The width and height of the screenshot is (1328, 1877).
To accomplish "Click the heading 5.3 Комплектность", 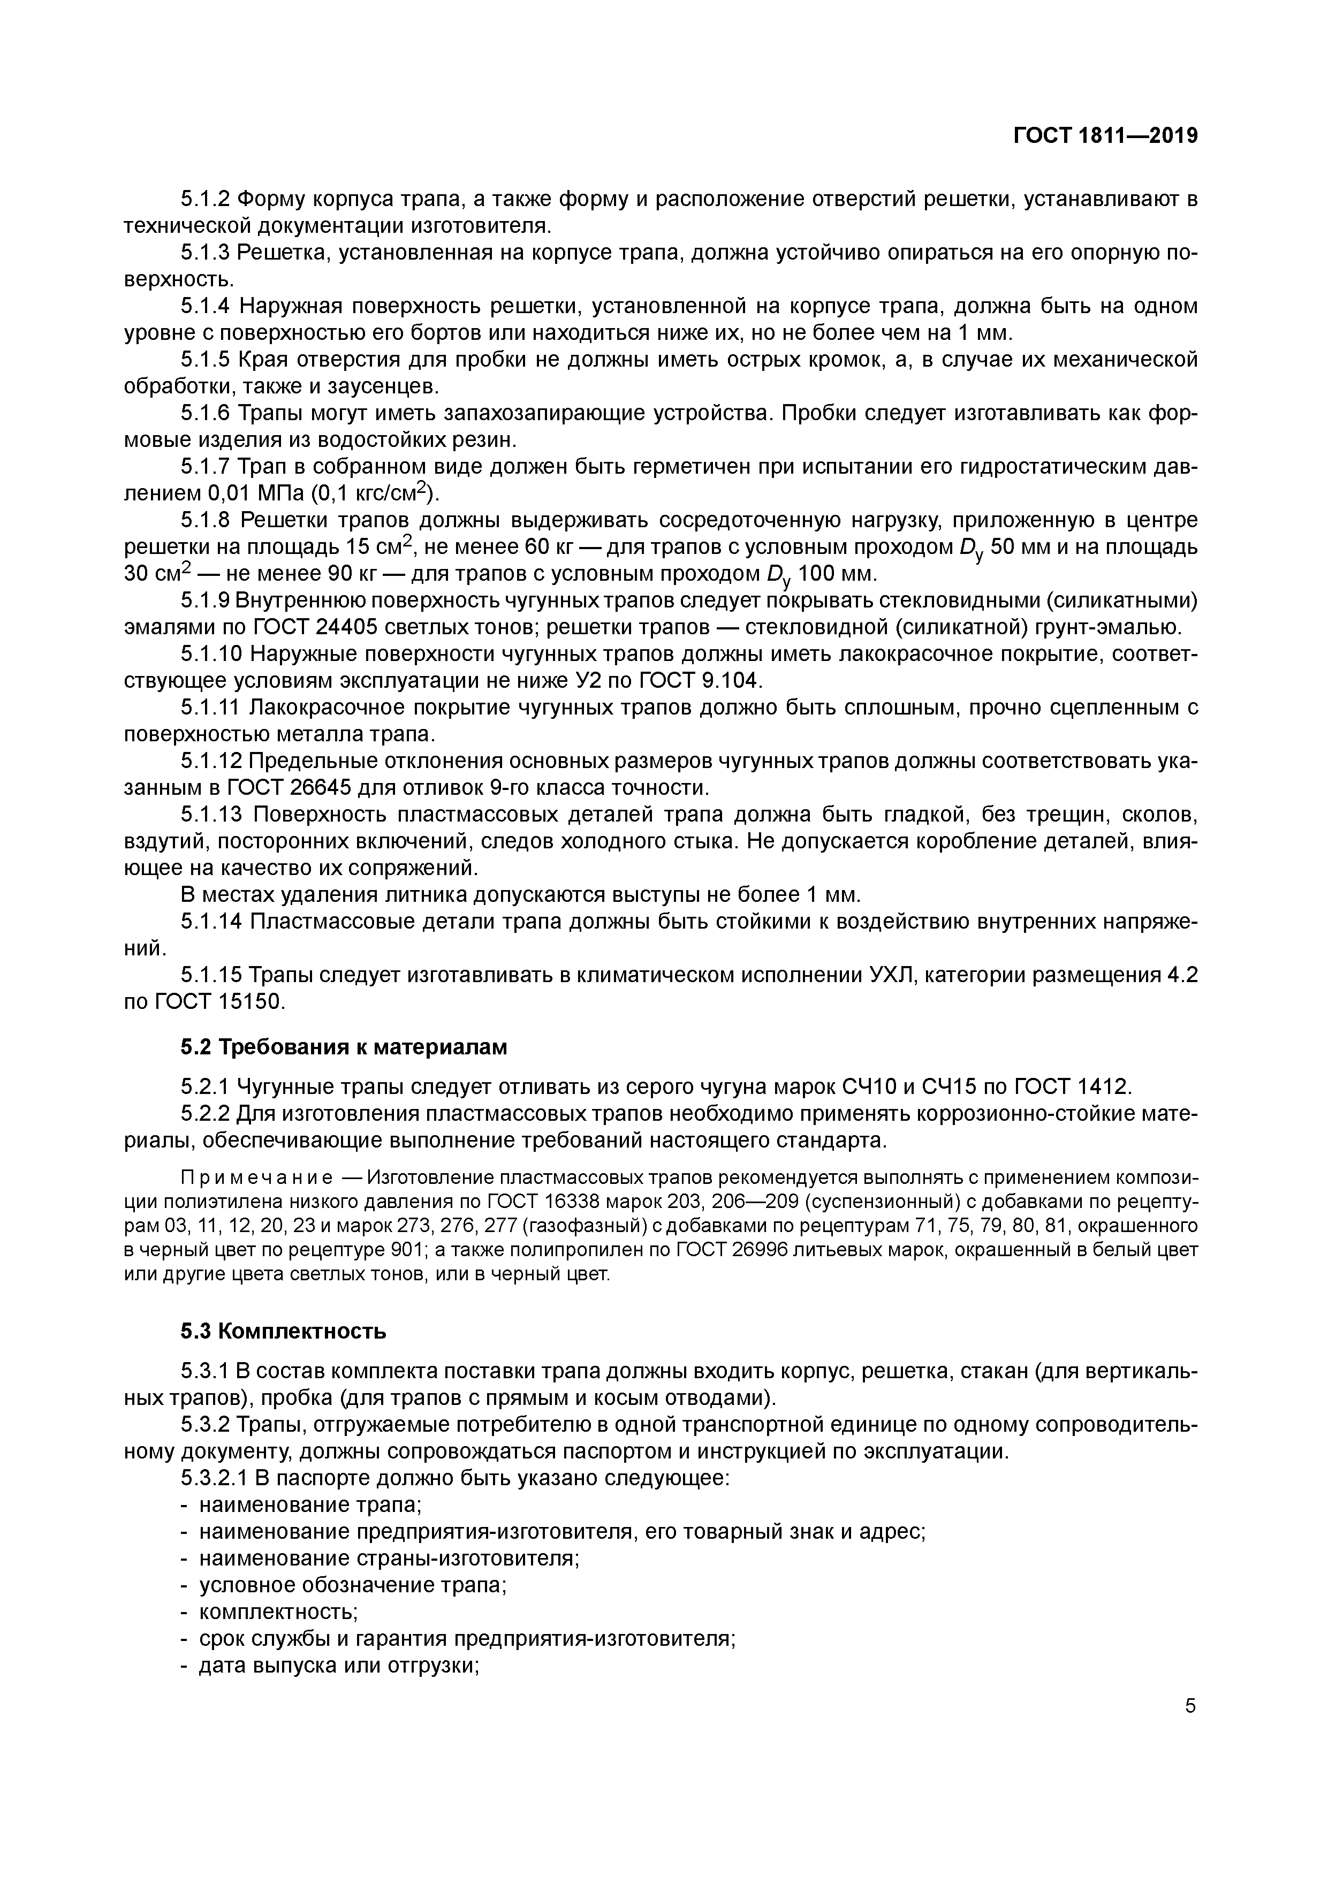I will pos(283,1332).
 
